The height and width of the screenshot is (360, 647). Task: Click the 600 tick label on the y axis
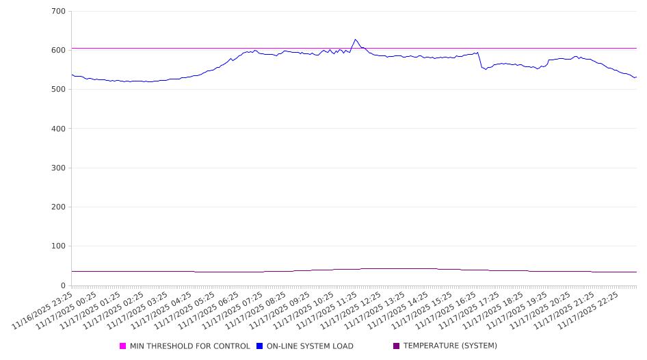58,51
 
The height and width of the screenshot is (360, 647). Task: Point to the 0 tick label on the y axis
63,285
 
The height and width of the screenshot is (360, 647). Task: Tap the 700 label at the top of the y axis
58,12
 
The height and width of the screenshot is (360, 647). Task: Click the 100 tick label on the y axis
58,246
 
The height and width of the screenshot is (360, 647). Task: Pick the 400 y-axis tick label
58,129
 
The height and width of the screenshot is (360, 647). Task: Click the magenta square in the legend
123,346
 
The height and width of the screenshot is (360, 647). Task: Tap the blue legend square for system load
260,346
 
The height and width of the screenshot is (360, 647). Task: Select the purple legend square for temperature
397,346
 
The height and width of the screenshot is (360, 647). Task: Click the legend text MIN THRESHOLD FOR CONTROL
189,346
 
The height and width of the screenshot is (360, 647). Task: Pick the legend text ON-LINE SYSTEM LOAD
310,346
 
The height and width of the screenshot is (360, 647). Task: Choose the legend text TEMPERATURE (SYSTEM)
450,346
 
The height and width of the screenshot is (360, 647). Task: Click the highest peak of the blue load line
355,40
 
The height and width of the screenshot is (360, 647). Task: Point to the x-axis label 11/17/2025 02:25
114,309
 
